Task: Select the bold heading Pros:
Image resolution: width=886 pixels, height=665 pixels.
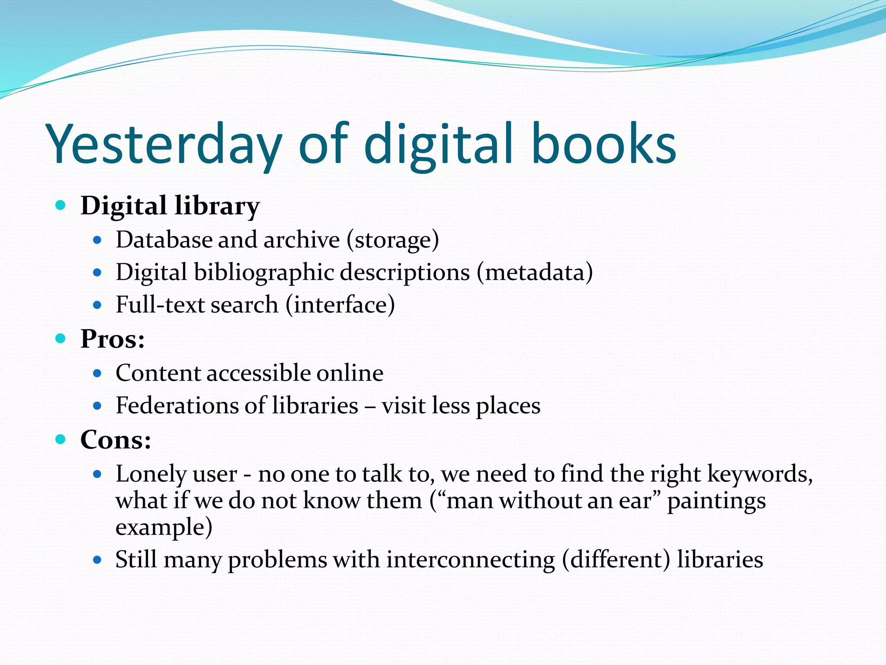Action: [112, 339]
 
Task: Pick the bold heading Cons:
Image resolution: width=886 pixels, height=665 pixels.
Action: [116, 440]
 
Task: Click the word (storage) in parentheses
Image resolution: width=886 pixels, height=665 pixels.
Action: [392, 240]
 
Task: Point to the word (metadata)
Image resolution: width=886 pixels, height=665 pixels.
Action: [535, 273]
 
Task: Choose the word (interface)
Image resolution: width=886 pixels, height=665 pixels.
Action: [340, 305]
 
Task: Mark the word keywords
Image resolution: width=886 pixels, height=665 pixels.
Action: [760, 474]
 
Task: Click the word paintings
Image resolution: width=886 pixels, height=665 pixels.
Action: [716, 501]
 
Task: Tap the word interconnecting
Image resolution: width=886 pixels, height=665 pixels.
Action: [471, 559]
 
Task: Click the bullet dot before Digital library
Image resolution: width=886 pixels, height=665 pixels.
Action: [61, 205]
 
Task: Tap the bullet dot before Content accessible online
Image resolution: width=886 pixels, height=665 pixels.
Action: [97, 373]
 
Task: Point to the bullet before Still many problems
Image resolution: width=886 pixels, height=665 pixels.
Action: [97, 560]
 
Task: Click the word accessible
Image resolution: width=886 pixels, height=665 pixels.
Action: [258, 373]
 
